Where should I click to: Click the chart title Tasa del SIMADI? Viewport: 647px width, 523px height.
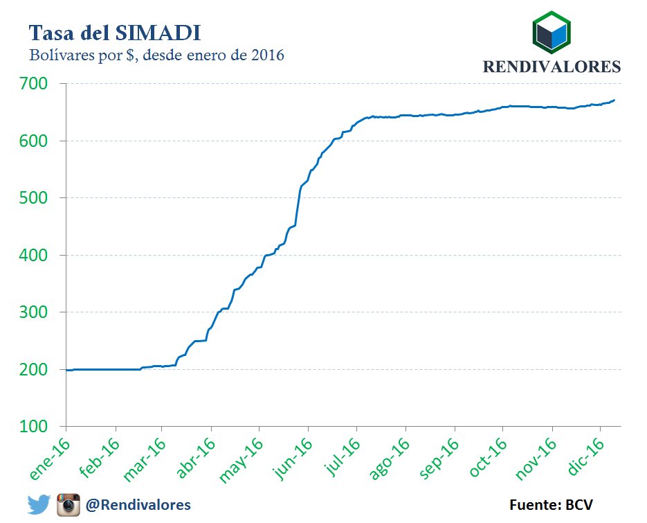115,32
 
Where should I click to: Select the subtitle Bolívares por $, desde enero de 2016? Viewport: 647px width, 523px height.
156,55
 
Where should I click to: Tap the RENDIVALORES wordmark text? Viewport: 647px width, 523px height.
551,67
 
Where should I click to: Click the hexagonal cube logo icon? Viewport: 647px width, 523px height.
551,33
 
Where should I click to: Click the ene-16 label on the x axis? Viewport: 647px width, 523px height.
50,458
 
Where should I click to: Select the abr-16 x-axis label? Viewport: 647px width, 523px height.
196,459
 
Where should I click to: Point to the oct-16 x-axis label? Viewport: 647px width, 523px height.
489,458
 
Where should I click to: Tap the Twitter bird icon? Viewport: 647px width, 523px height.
39,504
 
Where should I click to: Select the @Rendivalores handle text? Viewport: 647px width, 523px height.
138,504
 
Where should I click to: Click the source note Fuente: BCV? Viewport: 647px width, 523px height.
551,504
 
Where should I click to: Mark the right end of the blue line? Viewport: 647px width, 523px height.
614,100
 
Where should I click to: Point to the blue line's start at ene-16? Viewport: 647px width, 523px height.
67,370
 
